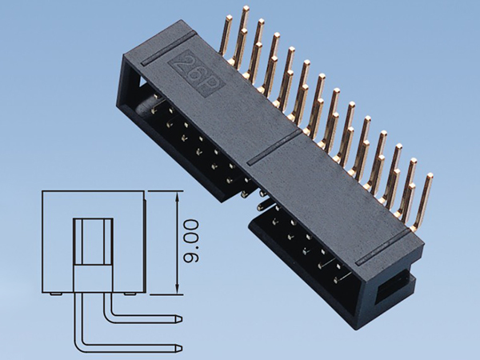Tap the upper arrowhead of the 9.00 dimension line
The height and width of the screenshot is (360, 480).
point(176,194)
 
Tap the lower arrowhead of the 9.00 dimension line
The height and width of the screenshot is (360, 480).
point(176,291)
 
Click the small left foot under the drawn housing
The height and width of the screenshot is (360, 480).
point(53,296)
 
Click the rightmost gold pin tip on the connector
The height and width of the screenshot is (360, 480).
point(430,176)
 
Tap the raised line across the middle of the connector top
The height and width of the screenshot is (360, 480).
point(276,147)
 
